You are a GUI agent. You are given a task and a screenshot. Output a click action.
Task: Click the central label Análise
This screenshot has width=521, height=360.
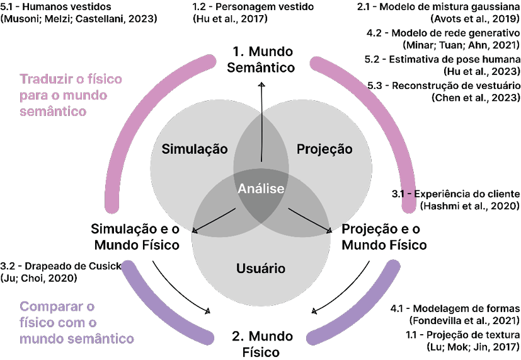point(261,189)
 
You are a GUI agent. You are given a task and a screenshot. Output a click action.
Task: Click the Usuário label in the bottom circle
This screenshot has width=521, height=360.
point(260,269)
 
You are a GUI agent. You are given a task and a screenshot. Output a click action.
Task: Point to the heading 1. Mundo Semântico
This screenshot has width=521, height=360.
point(261,59)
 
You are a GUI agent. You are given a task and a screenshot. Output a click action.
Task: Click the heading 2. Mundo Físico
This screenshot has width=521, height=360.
point(261,342)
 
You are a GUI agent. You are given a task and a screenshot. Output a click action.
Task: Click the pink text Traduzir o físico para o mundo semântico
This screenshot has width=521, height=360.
point(71,95)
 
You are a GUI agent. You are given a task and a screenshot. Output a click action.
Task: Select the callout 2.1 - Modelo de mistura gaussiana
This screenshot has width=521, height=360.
point(442,6)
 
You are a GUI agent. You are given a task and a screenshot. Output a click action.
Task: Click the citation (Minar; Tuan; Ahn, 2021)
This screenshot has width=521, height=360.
point(460,45)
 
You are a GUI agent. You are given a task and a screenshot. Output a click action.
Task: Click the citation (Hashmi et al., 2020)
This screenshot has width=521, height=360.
point(469,206)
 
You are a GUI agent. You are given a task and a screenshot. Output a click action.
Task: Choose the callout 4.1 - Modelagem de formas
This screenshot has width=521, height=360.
point(455,308)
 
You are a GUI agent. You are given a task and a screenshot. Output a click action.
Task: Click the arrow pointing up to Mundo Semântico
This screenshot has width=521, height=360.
point(261,120)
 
